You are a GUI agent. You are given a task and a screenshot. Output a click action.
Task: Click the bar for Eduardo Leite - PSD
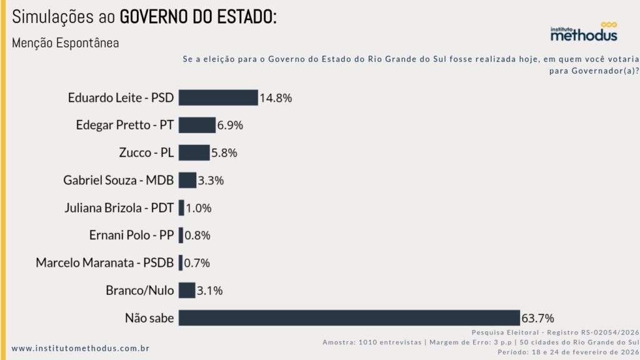point(218,97)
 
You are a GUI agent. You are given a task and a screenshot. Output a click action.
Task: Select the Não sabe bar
point(349,317)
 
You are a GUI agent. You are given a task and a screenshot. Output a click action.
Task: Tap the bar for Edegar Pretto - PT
point(197,125)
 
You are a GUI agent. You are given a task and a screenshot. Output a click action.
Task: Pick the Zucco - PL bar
point(194,152)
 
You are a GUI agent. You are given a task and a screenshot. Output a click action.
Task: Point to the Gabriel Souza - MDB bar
point(187,180)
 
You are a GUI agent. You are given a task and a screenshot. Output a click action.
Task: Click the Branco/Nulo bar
point(187,290)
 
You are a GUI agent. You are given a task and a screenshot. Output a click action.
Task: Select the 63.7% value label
point(538,317)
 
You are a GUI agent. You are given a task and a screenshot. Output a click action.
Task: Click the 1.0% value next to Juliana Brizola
point(199,207)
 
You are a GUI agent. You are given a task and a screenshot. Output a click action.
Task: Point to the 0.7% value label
point(197,262)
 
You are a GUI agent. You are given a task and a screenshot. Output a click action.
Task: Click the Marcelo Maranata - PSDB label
point(104,262)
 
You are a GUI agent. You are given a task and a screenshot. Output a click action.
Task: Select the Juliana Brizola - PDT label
point(119,207)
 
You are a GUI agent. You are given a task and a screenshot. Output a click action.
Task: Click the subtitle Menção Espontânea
point(65,43)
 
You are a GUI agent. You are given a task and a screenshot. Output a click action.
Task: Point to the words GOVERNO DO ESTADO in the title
point(197,17)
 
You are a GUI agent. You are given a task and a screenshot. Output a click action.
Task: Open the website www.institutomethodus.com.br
point(81,348)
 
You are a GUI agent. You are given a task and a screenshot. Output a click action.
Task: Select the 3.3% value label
point(211,180)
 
